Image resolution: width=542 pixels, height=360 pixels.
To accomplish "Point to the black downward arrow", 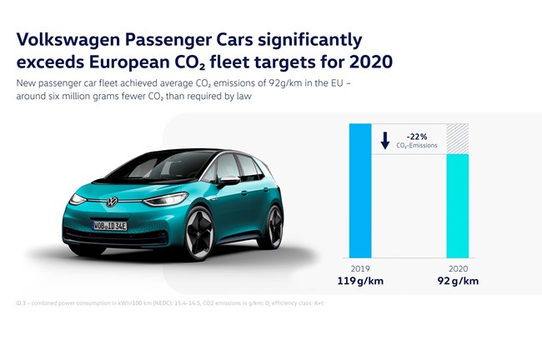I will click(x=385, y=141).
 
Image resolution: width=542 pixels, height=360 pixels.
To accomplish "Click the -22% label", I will click(x=416, y=135).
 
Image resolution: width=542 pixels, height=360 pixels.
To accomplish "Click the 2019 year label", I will click(x=359, y=268).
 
